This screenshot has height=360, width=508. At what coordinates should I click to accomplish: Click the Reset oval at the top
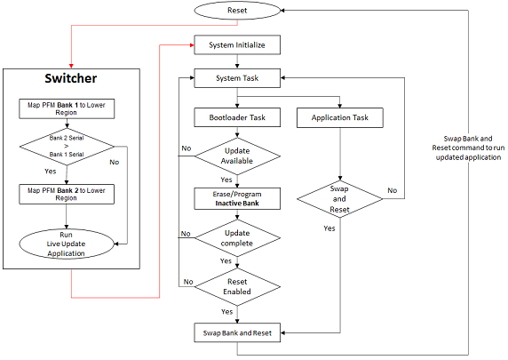coord(236,10)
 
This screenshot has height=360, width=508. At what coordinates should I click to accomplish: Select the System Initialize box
coord(236,44)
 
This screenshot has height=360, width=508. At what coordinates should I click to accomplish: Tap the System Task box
coord(236,78)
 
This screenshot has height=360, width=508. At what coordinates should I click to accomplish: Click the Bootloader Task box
coord(236,116)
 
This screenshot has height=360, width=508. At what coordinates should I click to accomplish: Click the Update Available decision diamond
coord(236,156)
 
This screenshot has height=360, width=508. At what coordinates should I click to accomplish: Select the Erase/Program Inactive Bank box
coord(236,197)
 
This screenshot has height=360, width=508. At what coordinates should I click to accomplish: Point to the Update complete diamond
coord(236,237)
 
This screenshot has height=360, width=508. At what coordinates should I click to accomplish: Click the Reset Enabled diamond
coord(236,286)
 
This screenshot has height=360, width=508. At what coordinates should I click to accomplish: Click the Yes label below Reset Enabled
coord(226,312)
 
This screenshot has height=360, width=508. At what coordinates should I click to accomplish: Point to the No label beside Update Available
coord(186,148)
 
